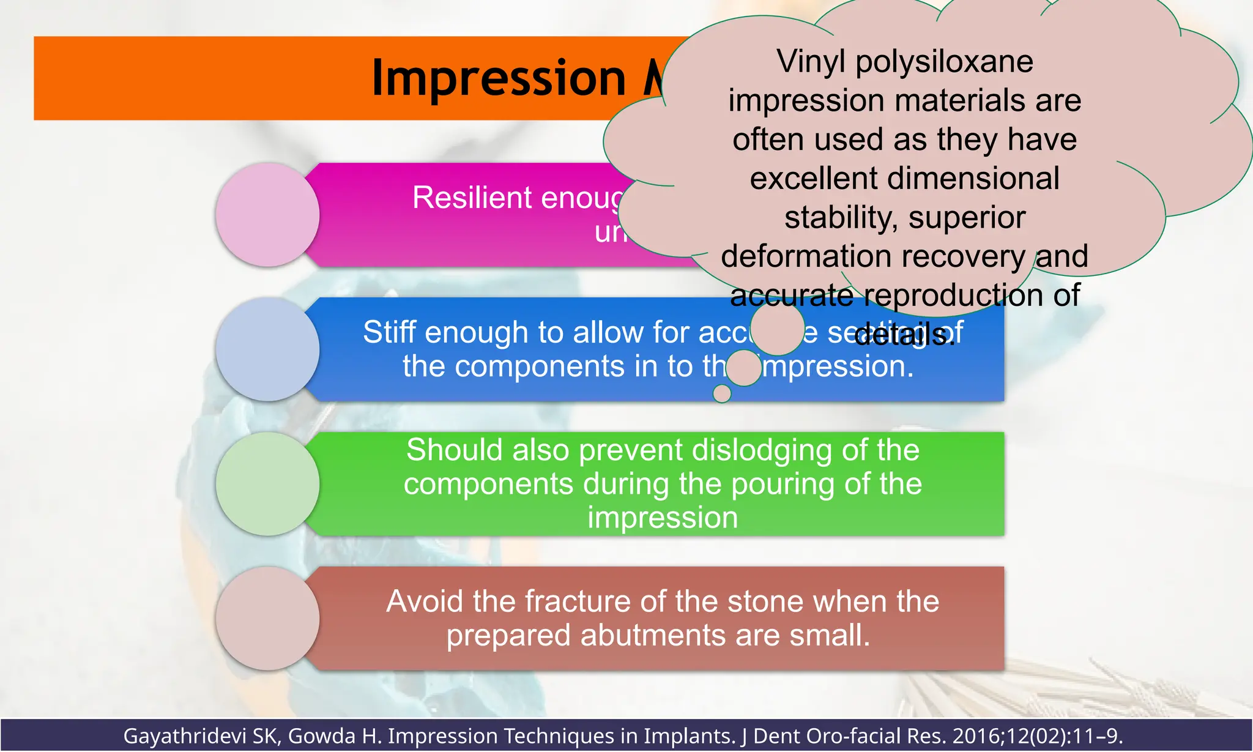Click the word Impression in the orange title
click(499, 78)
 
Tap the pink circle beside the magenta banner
click(267, 215)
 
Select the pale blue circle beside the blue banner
click(267, 349)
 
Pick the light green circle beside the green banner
click(267, 484)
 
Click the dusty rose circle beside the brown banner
click(267, 619)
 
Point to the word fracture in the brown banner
click(565, 601)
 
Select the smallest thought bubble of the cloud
click(722, 393)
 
